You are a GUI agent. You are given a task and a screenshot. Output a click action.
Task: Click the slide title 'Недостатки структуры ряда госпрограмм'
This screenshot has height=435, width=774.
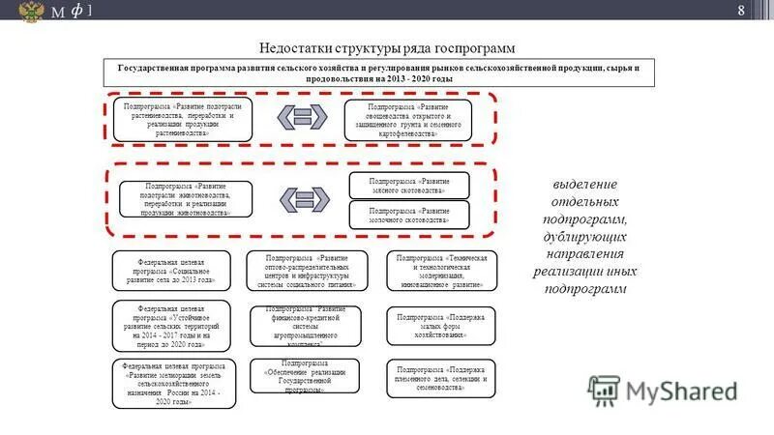pyautogui.click(x=386, y=47)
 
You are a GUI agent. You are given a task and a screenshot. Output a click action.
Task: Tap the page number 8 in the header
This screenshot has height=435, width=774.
pyautogui.click(x=741, y=11)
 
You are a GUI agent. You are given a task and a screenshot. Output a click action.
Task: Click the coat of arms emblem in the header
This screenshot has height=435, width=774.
pyautogui.click(x=31, y=12)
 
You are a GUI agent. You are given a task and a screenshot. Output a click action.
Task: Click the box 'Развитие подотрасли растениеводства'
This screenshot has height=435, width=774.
pyautogui.click(x=177, y=118)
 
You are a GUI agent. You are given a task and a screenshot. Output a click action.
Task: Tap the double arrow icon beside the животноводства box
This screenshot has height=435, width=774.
pyautogui.click(x=303, y=198)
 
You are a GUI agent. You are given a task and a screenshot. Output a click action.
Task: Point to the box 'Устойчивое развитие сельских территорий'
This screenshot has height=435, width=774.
pyautogui.click(x=171, y=326)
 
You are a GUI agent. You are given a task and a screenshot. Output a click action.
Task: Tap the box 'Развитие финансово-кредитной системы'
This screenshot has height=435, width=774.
pyautogui.click(x=304, y=326)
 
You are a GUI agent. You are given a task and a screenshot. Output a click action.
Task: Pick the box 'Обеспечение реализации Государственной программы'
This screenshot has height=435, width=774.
pyautogui.click(x=304, y=377)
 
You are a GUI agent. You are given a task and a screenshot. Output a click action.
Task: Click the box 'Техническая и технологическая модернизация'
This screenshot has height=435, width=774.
pyautogui.click(x=441, y=272)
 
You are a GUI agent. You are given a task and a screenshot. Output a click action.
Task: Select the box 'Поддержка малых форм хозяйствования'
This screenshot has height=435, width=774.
pyautogui.click(x=441, y=326)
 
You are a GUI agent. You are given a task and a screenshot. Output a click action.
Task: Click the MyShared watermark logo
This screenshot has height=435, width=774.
pyautogui.click(x=664, y=391)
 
